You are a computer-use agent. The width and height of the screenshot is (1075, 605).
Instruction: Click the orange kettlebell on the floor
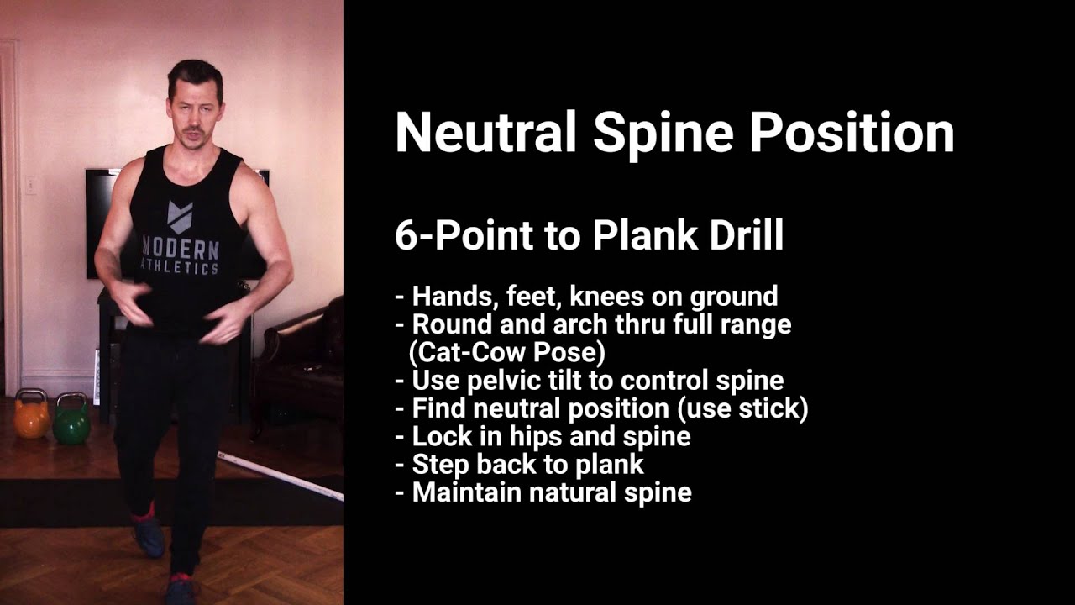(32, 416)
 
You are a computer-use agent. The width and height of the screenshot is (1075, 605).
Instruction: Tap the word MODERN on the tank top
(181, 249)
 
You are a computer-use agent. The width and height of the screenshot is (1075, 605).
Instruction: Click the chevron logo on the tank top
(180, 215)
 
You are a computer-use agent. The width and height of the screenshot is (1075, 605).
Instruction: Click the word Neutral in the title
(485, 133)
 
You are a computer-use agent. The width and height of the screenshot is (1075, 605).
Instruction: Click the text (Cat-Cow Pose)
(508, 351)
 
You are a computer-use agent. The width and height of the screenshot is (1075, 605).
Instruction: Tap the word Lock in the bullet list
(440, 436)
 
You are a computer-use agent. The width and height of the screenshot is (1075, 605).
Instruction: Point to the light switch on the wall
(30, 185)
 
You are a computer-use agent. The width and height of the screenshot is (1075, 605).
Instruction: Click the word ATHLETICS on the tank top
(182, 268)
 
